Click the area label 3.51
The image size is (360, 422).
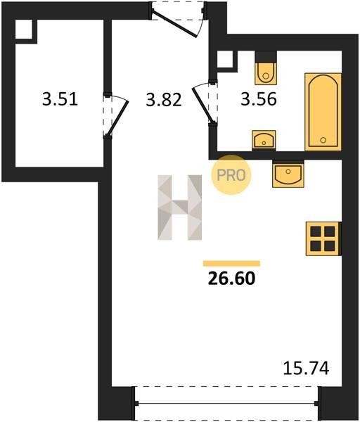[x=60, y=98]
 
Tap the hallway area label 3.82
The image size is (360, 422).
[x=164, y=99]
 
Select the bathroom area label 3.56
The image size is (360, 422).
[x=259, y=98]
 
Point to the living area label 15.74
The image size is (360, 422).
[x=306, y=368]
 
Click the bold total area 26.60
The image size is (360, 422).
[x=231, y=279]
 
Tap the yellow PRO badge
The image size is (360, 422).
[x=231, y=175]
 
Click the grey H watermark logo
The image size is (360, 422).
[x=179, y=207]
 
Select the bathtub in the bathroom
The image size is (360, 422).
[x=323, y=112]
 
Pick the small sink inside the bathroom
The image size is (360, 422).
[x=264, y=139]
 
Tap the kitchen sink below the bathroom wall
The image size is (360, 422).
[x=288, y=174]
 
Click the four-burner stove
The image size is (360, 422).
[x=323, y=238]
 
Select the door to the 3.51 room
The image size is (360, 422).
[x=116, y=116]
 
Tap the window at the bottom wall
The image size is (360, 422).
[x=226, y=403]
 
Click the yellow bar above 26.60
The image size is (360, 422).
[x=231, y=264]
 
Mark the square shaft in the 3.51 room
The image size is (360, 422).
[x=24, y=30]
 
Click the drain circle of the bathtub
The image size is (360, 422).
[x=323, y=140]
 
